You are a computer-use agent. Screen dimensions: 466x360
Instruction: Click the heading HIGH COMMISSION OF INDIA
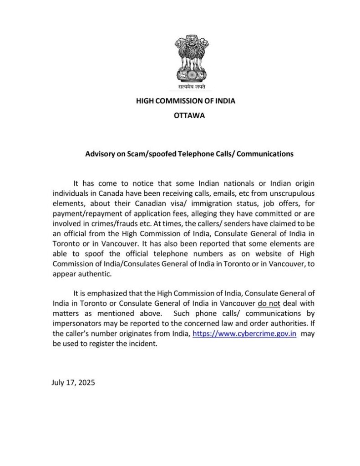click(x=186, y=101)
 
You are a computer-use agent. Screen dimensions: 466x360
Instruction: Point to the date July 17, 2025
click(x=72, y=382)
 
